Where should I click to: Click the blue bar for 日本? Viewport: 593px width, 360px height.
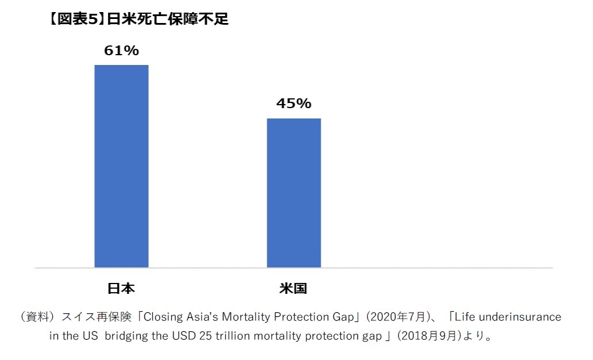(121, 166)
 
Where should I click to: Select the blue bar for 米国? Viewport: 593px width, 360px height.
(294, 193)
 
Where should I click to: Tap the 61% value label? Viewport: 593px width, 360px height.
(121, 51)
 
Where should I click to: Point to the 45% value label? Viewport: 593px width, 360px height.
(294, 104)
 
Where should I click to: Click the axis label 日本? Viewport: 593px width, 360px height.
(121, 288)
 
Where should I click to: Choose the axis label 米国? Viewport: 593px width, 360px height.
(293, 288)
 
